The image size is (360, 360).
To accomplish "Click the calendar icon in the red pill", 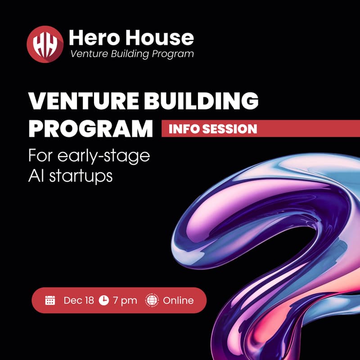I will (x=50, y=300).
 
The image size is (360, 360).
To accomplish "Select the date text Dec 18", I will (x=79, y=300).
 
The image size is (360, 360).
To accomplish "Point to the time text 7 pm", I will (x=125, y=300).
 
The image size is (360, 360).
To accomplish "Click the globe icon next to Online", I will (x=152, y=300).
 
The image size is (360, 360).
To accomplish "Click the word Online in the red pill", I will (x=178, y=300).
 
